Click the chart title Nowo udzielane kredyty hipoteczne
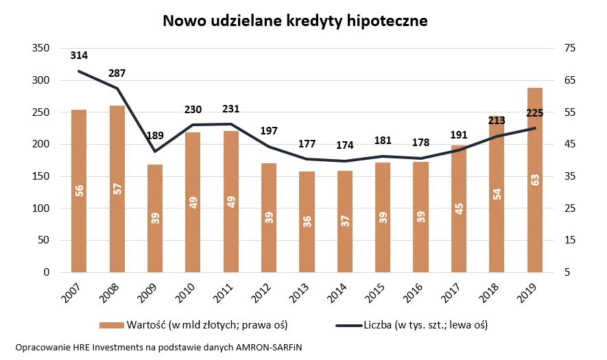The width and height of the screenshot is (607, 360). click(295, 21)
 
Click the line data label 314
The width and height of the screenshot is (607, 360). click(79, 56)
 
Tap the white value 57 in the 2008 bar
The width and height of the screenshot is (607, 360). click(117, 189)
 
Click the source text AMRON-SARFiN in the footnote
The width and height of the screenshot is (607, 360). click(268, 348)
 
